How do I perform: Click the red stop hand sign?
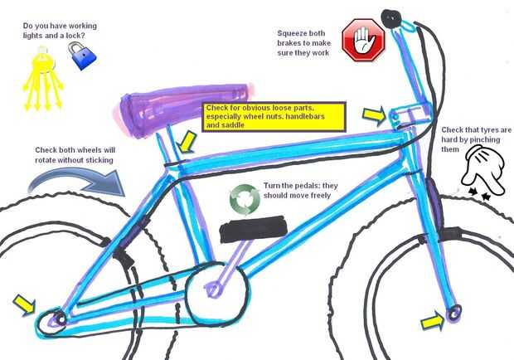click(x=364, y=40)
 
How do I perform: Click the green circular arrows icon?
click(x=245, y=198)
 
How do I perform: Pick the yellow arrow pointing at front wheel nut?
click(x=431, y=320)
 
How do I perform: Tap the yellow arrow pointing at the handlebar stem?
click(x=374, y=114)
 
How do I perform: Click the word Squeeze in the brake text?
click(x=293, y=33)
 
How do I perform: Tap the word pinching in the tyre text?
click(x=482, y=140)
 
